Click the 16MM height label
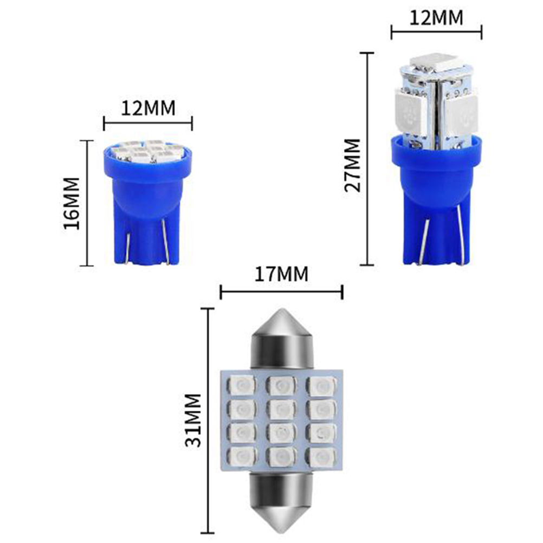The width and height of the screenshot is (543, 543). pyautogui.click(x=72, y=203)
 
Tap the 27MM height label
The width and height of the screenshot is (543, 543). pyautogui.click(x=353, y=165)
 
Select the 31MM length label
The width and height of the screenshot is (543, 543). pyautogui.click(x=193, y=420)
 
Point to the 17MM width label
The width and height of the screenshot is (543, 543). pyautogui.click(x=281, y=274)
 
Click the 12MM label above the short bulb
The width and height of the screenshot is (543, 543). pyautogui.click(x=148, y=108)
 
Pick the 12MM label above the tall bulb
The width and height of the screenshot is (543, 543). pyautogui.click(x=436, y=18)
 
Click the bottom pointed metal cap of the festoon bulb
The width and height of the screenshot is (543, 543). pyautogui.click(x=281, y=503)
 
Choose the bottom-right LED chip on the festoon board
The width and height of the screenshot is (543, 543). pyautogui.click(x=322, y=457)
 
